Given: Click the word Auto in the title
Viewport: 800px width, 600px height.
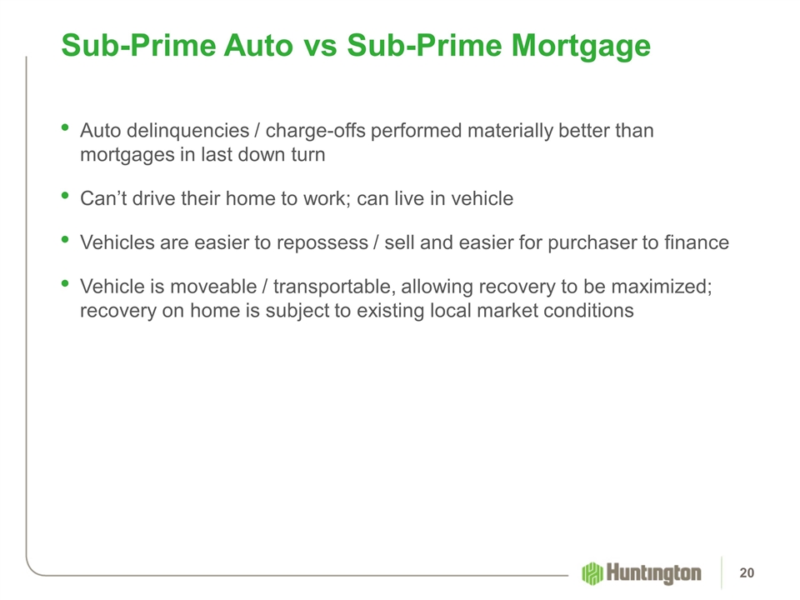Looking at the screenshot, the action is click(258, 45).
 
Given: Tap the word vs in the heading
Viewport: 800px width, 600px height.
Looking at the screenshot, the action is click(320, 47).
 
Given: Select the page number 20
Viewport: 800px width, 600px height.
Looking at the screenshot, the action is click(747, 573).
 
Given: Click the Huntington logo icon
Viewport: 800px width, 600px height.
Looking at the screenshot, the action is click(592, 573).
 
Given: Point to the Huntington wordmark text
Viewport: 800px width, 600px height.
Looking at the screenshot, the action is click(653, 573).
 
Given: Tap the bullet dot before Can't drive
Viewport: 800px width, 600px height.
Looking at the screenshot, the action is click(65, 195).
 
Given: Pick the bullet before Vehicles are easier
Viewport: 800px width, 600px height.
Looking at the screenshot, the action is click(65, 239).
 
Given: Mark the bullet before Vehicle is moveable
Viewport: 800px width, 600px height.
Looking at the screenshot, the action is click(65, 282).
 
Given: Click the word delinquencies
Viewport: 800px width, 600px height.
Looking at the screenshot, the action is click(187, 132).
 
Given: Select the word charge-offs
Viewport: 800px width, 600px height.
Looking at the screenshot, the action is click(316, 131).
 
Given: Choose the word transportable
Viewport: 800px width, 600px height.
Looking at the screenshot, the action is click(333, 287).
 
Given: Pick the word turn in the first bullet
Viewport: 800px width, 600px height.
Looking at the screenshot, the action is click(308, 155).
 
